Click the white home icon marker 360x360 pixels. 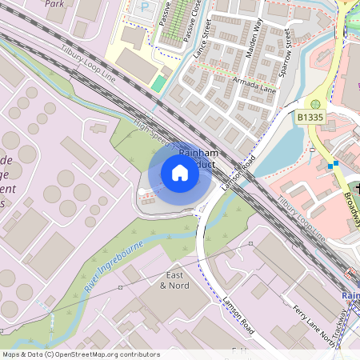tap(180, 172)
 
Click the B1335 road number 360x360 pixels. tap(311, 118)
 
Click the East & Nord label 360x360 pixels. tap(178, 280)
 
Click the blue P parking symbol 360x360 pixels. tap(145, 6)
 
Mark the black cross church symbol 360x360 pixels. tap(357, 188)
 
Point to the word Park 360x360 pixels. tap(54, 3)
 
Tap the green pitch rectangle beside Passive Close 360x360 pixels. tap(159, 83)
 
